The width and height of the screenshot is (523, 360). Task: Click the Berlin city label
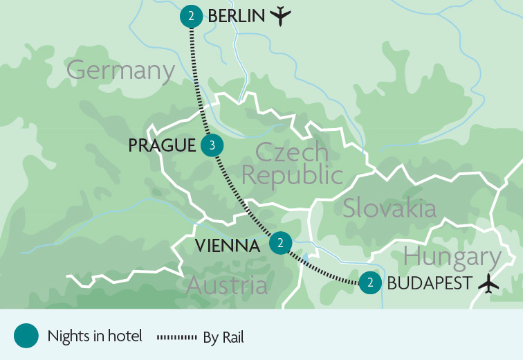(x=236, y=15)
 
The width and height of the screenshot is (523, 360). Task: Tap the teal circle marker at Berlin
(x=191, y=16)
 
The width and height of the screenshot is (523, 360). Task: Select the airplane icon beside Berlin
(x=279, y=15)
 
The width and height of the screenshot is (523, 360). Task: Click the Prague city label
(x=162, y=145)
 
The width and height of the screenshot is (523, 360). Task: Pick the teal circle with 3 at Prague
(x=212, y=145)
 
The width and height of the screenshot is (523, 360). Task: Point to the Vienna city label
(x=227, y=245)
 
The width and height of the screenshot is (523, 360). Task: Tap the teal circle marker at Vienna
(x=280, y=243)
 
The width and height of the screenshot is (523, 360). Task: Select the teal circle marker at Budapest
(x=371, y=282)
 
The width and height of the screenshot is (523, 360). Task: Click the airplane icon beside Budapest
(x=489, y=282)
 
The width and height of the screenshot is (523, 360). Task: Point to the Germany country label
(x=120, y=70)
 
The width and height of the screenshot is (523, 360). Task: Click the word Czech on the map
(x=291, y=152)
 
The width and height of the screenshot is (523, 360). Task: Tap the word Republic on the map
(x=291, y=176)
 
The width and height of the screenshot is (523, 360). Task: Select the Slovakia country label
(x=389, y=208)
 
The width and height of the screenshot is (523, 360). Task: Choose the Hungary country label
(x=452, y=257)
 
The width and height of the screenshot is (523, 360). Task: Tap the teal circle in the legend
(x=26, y=336)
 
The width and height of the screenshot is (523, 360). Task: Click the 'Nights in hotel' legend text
(x=95, y=336)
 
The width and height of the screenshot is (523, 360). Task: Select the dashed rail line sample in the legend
(x=178, y=337)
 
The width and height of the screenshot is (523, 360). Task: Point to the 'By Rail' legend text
(x=223, y=337)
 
